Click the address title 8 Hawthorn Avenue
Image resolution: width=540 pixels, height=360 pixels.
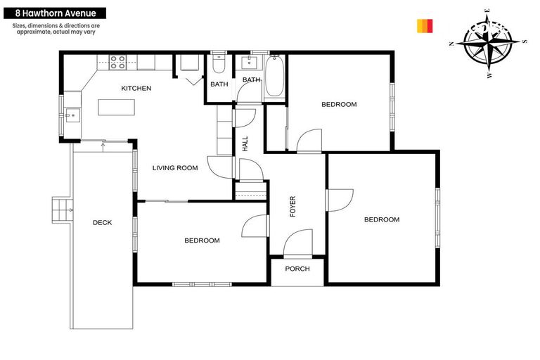coord(56,13)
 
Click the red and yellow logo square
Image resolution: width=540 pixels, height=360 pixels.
coord(425,26)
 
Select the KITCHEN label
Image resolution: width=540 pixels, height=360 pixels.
coord(136,88)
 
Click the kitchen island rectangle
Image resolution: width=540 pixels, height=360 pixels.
coord(115,107)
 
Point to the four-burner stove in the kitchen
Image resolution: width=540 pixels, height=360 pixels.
coord(117,62)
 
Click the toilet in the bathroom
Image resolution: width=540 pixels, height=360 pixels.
coord(218,66)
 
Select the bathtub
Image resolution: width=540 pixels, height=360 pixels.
coord(274,77)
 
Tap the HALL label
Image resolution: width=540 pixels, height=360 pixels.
coord(245,144)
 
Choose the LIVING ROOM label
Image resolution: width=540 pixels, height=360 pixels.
coord(175,168)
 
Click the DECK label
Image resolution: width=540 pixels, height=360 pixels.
coord(103,223)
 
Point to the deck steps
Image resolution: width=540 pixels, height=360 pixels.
coord(62,208)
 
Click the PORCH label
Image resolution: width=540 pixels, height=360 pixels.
coord(297,269)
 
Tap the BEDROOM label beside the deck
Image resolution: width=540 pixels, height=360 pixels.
coord(202,240)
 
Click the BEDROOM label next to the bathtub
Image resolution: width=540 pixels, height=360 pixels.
coord(339,104)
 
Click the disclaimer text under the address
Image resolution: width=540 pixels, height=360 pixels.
coord(56,29)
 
